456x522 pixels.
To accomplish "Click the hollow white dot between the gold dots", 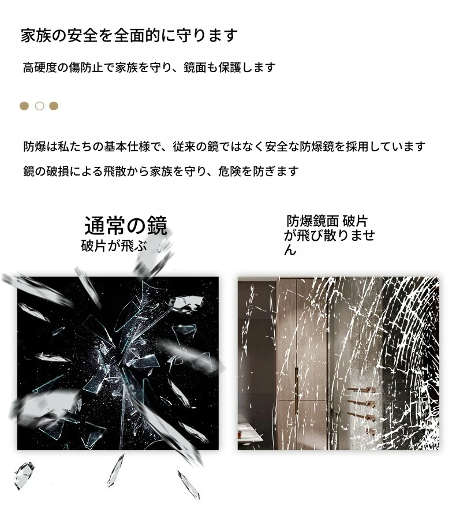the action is click(40, 106).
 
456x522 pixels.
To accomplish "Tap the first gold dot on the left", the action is click(24, 106).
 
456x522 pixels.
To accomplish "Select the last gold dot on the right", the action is click(54, 106).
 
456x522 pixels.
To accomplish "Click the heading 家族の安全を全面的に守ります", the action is click(129, 36).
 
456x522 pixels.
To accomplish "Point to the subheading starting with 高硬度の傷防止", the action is click(149, 68).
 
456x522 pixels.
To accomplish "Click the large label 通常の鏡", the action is click(125, 226).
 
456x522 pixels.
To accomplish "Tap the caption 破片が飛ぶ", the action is click(114, 247).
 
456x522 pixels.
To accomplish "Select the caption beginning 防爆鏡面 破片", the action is click(329, 235).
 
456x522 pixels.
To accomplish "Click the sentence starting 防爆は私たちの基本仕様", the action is click(225, 147).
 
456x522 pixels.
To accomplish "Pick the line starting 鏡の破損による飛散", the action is click(161, 171).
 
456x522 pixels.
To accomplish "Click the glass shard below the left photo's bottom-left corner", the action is click(24, 476).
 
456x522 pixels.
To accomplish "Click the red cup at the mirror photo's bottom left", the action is click(240, 435).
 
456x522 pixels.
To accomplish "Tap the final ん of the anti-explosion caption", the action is click(290, 250).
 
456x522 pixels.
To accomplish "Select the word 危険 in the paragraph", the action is click(230, 171).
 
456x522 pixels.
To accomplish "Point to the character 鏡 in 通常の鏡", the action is click(157, 226).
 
